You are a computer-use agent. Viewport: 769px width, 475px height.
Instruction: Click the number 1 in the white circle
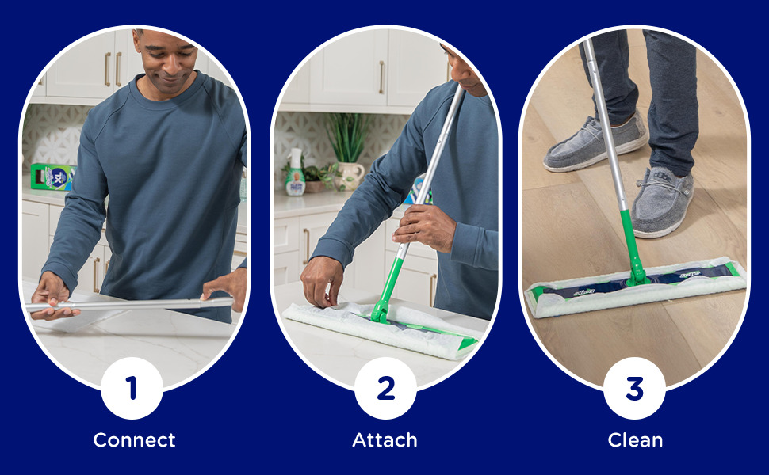tap(132, 388)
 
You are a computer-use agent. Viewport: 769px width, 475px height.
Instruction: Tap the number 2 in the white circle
tap(385, 388)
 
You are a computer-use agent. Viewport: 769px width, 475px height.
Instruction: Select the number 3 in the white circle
tap(634, 388)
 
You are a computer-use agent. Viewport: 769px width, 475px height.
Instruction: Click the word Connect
tap(134, 440)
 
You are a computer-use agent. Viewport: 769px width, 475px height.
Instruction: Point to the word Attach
tap(384, 440)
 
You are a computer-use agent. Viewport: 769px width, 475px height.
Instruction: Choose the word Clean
tap(635, 440)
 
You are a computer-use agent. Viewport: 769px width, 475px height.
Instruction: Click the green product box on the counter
tap(51, 177)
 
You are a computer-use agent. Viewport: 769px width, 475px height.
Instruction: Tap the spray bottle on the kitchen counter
tap(295, 173)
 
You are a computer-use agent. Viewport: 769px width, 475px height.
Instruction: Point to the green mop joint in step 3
tap(636, 253)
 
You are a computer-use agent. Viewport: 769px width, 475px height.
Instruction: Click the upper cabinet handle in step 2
tap(381, 77)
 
